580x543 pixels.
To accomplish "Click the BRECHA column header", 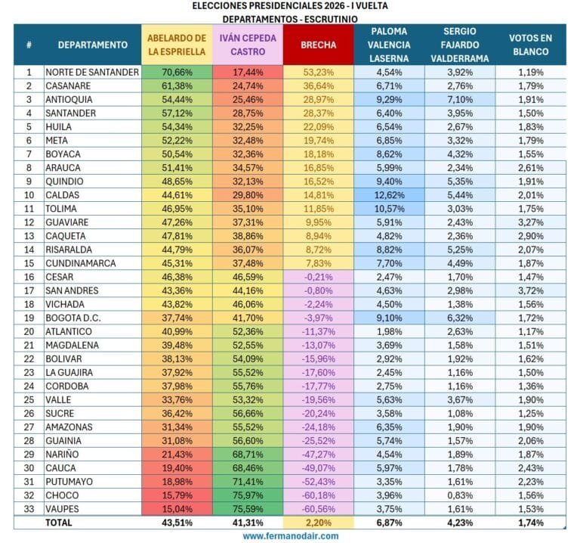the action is pyautogui.click(x=318, y=45).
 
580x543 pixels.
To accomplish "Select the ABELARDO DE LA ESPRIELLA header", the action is pyautogui.click(x=177, y=45).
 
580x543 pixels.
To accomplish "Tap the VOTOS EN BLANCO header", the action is pyautogui.click(x=530, y=45).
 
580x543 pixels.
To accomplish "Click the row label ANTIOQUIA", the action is pyautogui.click(x=69, y=100).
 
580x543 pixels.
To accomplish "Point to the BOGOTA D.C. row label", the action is pyautogui.click(x=72, y=318).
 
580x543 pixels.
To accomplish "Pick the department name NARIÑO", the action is pyautogui.click(x=62, y=455).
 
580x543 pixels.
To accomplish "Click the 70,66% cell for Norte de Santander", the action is pyautogui.click(x=177, y=73).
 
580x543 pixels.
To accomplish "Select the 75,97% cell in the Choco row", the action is pyautogui.click(x=248, y=495).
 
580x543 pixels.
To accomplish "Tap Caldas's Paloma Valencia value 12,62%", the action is pyautogui.click(x=389, y=195).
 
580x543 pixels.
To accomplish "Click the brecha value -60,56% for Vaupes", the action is pyautogui.click(x=318, y=509).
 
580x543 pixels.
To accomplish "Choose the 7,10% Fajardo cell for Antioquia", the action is pyautogui.click(x=460, y=100).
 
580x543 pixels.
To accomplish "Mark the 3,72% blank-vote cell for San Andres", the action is pyautogui.click(x=530, y=290).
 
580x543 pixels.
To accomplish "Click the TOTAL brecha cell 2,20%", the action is pyautogui.click(x=318, y=523).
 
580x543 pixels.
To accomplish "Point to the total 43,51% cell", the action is pyautogui.click(x=177, y=523).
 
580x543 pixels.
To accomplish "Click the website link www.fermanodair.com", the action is pyautogui.click(x=290, y=536).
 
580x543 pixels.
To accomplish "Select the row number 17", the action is pyautogui.click(x=29, y=290).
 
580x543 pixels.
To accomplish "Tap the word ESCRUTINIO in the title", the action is pyautogui.click(x=331, y=19).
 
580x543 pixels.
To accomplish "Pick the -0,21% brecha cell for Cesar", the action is pyautogui.click(x=318, y=277).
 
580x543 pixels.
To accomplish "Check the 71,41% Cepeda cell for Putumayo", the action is pyautogui.click(x=248, y=482).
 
